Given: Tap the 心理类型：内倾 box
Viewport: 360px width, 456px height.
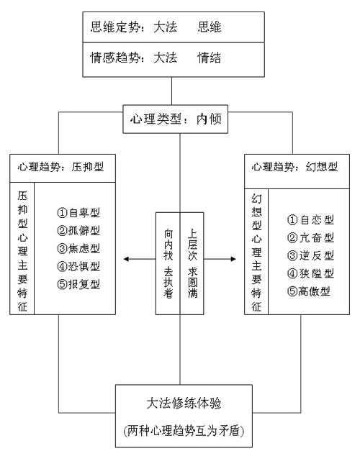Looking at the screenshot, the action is point(176,119).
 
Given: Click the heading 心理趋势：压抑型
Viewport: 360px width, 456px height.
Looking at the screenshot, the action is point(60,167).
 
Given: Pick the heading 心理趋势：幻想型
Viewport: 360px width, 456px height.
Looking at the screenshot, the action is point(294,167).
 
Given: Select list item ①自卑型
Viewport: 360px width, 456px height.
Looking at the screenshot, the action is point(78,213).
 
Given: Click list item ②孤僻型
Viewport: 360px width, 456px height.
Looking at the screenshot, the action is point(78,231).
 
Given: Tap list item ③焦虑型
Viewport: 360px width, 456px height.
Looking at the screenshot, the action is point(78,248).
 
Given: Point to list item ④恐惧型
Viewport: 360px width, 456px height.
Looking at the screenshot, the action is point(78,266).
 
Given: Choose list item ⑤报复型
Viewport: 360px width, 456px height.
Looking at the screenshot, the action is point(78,284).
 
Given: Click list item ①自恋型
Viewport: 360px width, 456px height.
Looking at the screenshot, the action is point(310,220).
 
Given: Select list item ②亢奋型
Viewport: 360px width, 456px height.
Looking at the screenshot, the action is point(310,238).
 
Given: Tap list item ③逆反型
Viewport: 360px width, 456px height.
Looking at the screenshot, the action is point(310,255).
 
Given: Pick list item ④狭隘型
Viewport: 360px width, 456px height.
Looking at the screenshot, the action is point(310,273).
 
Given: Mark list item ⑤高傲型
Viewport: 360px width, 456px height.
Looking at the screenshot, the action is point(309,291).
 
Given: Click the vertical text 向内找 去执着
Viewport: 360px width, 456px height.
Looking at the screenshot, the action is point(168,263).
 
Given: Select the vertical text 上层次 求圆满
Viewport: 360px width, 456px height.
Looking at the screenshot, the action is point(192,263).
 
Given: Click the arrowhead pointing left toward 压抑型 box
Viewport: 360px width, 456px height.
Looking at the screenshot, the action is point(126,259).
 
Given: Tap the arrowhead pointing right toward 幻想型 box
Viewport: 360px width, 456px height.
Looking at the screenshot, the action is point(233,259).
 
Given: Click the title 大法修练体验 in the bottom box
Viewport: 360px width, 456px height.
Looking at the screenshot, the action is point(184,403).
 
